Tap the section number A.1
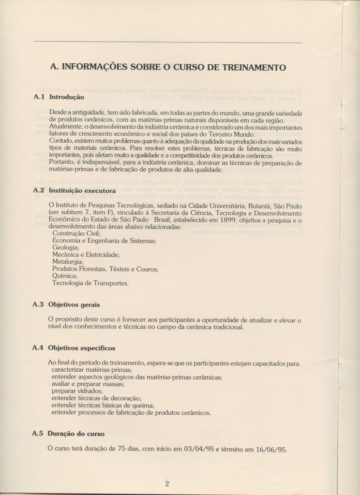tap(38, 96)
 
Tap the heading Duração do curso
tap(77, 434)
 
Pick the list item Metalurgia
tap(68, 262)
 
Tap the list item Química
tap(65, 276)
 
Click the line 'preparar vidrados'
tap(77, 391)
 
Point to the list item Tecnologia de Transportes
tap(90, 283)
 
